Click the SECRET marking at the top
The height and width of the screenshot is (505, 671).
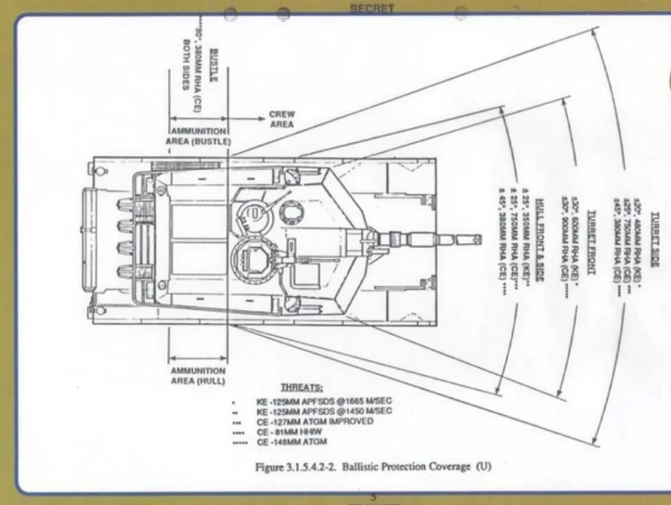click(372, 9)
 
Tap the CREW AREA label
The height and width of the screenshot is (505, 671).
click(282, 119)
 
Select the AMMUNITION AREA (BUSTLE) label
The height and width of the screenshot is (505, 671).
click(199, 136)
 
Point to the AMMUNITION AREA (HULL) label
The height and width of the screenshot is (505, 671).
click(198, 375)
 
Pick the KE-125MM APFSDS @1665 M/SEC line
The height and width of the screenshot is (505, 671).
click(325, 400)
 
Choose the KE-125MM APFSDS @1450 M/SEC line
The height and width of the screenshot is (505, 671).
click(325, 411)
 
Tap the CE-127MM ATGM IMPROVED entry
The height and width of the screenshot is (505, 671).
click(315, 421)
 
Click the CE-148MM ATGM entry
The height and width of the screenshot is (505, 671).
click(292, 442)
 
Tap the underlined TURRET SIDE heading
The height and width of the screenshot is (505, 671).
click(655, 238)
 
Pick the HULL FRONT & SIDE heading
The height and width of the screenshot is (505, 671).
click(540, 240)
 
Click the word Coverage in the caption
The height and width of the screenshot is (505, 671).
click(449, 466)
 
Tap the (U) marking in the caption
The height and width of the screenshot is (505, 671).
click(484, 466)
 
